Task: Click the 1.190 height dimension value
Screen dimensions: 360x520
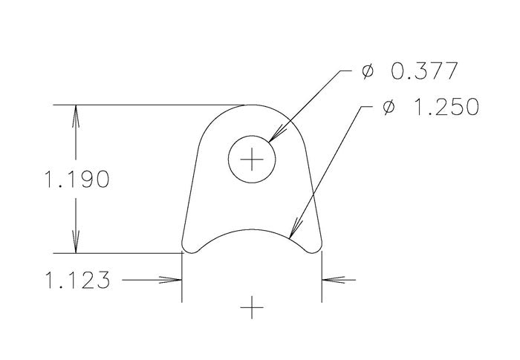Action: pos(77,179)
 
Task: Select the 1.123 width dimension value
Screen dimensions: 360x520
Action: pos(77,281)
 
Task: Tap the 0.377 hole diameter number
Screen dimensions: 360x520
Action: pos(421,72)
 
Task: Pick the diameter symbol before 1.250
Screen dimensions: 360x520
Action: pos(387,108)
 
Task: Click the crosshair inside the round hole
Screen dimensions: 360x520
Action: pos(253,160)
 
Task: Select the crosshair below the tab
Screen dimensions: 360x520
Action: pos(253,306)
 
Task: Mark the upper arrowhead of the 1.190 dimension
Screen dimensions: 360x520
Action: pos(74,113)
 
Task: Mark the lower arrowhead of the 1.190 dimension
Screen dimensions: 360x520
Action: pos(74,246)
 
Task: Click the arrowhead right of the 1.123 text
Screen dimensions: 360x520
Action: pos(175,281)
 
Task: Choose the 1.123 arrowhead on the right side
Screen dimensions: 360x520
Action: pos(329,281)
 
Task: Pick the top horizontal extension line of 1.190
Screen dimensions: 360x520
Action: pos(149,105)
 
